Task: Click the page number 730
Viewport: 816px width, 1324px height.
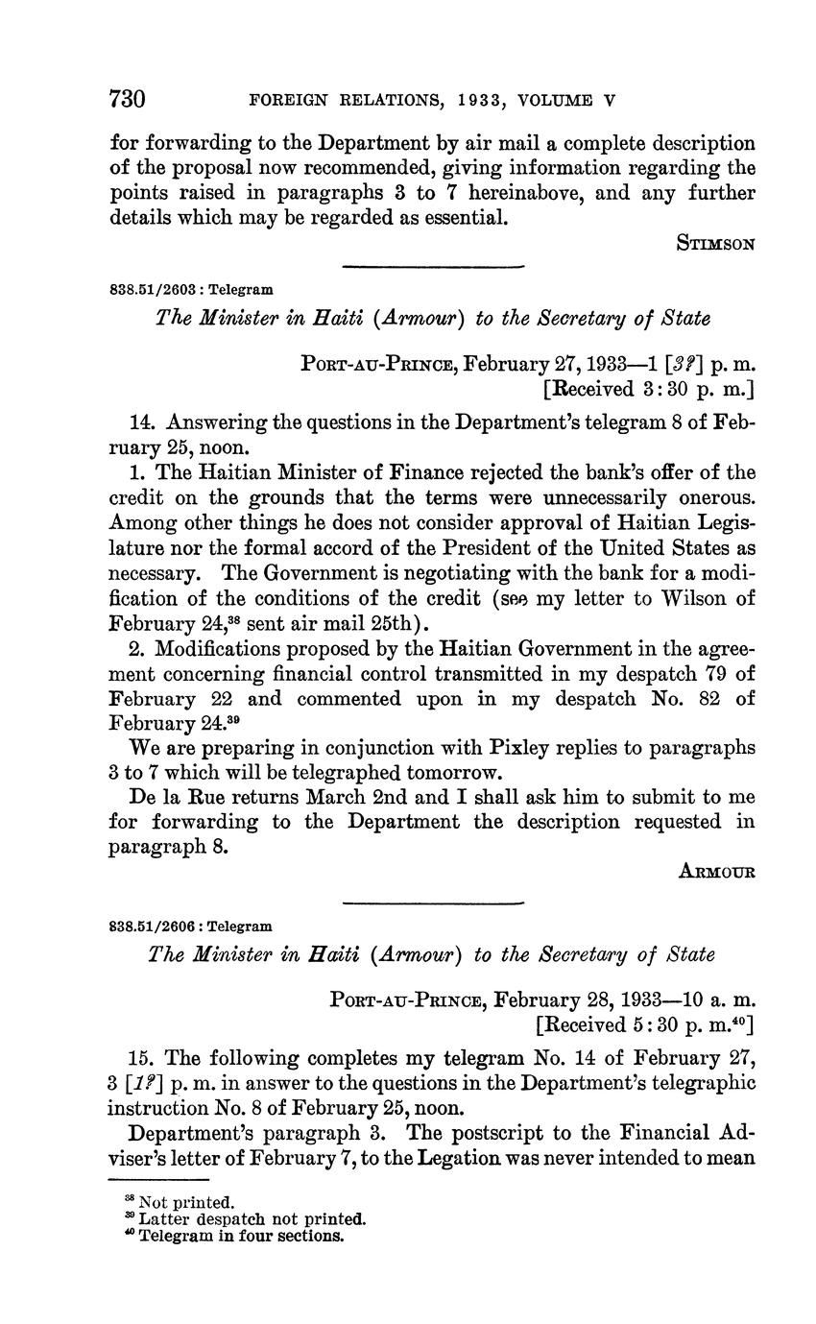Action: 128,99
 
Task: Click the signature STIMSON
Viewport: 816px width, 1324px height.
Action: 716,244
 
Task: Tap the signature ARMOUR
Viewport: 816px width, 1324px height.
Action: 716,871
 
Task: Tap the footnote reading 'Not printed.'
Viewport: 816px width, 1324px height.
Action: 186,1201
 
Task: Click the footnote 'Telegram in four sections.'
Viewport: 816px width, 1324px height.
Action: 240,1236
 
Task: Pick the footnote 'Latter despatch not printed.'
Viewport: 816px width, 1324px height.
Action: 252,1218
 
